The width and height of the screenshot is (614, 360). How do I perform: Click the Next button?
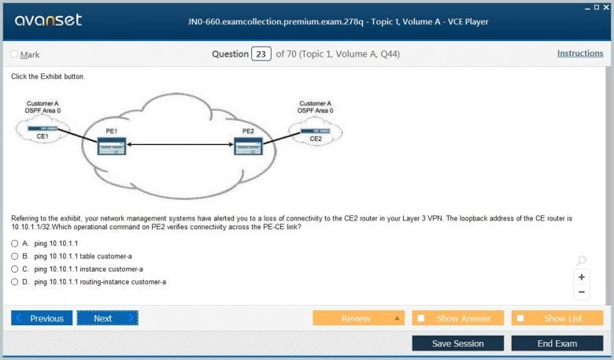tap(107, 318)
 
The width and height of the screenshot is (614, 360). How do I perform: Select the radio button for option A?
tap(15, 243)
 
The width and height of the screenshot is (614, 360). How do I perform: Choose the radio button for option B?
tap(15, 256)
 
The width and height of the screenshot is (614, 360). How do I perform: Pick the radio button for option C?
tap(15, 269)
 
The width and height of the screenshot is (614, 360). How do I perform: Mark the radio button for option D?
tap(15, 281)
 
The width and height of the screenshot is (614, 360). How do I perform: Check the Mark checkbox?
tap(14, 54)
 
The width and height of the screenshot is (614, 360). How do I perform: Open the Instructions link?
tap(580, 54)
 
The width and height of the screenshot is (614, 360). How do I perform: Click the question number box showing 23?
tap(261, 54)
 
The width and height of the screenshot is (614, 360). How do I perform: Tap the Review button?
tap(358, 318)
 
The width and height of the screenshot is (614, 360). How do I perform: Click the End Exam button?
tap(557, 343)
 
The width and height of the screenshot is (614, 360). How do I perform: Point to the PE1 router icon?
tap(111, 146)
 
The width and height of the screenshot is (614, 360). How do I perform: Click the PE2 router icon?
tap(248, 147)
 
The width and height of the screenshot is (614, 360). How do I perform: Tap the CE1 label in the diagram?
tap(42, 137)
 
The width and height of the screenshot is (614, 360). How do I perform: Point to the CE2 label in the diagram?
tap(316, 139)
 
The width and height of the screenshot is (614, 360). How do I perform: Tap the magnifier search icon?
tap(581, 261)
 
